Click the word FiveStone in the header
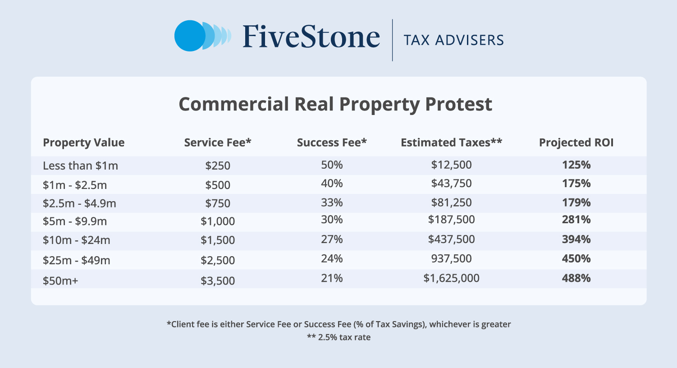[x=311, y=37]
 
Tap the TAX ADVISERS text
[x=453, y=40]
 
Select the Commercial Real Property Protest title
[x=335, y=104]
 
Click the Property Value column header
[x=83, y=143]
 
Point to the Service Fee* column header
[x=218, y=143]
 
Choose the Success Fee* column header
[x=332, y=143]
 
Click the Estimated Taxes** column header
[x=451, y=143]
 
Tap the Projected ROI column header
[x=576, y=143]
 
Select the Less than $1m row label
[x=80, y=166]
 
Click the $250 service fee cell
[x=218, y=166]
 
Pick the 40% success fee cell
[x=332, y=184]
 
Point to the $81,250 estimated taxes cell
[x=451, y=202]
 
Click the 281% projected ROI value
[x=576, y=220]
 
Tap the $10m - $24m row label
[x=77, y=240]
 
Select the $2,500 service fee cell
[x=218, y=260]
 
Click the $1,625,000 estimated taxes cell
[x=451, y=278]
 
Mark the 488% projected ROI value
[x=576, y=278]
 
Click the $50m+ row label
[x=60, y=281]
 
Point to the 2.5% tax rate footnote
[x=338, y=337]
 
